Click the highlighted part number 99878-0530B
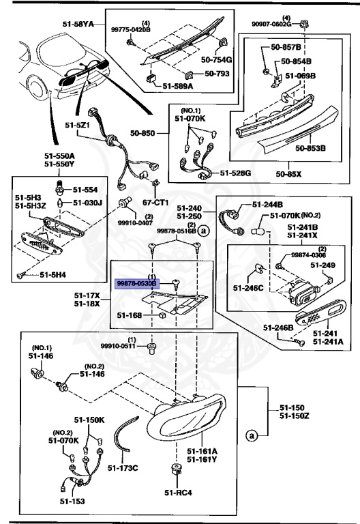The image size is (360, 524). pos(136,281)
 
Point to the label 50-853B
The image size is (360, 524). pos(310,147)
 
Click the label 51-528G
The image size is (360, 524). pos(235,173)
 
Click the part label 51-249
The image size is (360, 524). pos(323,265)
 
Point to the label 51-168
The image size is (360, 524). pos(129,315)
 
